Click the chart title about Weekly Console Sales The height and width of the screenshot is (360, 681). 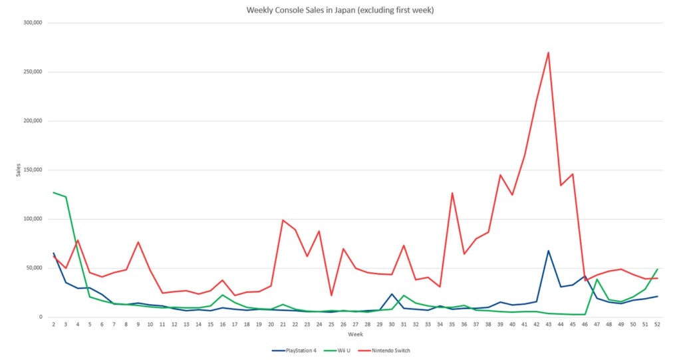pos(340,10)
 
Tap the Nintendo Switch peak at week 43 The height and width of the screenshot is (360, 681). pos(549,53)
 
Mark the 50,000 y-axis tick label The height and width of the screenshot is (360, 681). pos(32,268)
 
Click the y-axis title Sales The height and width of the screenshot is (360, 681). pos(19,170)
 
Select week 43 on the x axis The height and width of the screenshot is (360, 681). pos(549,325)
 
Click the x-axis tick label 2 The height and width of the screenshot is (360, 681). pos(53,325)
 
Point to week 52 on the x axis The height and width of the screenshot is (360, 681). pos(657,325)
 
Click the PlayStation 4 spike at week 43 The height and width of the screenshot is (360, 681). pos(549,251)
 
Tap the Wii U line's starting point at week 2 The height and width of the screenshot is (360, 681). pos(53,192)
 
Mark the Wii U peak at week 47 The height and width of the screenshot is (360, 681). pos(597,279)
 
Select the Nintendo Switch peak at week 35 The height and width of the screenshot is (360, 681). pos(452,193)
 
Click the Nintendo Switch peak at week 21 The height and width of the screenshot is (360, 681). pos(283,220)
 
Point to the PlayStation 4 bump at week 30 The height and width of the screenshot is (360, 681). pos(392,293)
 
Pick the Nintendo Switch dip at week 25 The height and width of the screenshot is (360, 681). pos(331,295)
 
